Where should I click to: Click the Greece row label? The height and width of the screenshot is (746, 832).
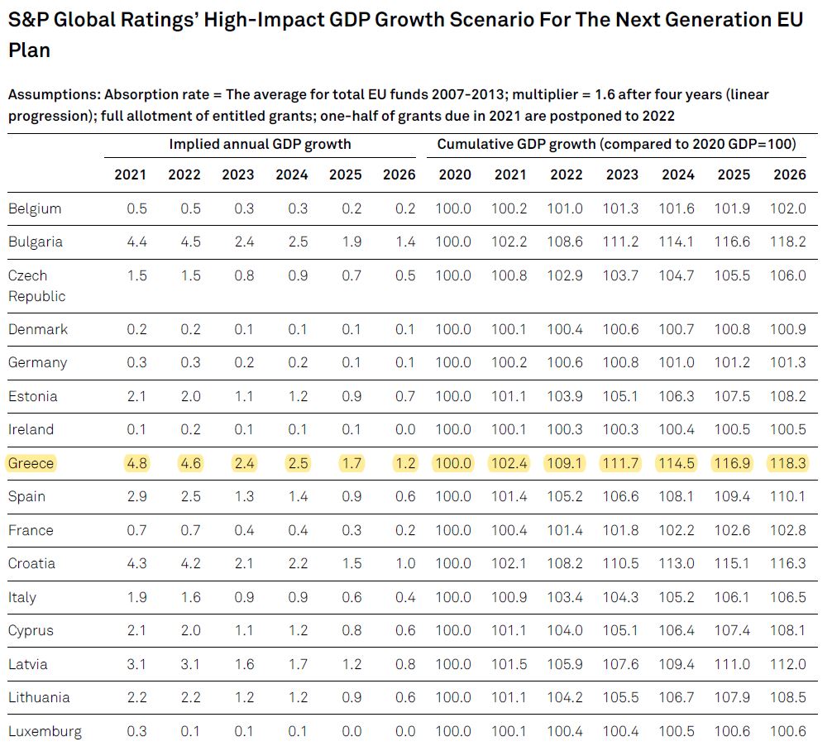point(31,463)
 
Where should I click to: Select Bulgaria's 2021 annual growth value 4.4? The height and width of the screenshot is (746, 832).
point(136,242)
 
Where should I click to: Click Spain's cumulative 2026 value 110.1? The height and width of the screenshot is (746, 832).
point(789,497)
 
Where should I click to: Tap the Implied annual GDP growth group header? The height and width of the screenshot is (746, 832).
point(260,144)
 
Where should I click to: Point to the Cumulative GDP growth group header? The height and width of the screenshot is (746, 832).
point(616,144)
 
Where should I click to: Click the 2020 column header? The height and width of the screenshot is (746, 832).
point(454,175)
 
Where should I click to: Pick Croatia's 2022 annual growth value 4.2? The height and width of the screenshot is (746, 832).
point(190,564)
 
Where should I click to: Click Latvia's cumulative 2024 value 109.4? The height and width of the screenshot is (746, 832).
point(677,664)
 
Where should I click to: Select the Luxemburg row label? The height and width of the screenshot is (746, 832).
point(45,731)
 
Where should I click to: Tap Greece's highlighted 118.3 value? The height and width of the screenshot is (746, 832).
point(789,463)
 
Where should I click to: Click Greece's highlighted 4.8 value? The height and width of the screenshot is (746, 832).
point(136,463)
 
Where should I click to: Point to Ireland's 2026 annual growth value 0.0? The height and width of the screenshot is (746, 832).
point(405,430)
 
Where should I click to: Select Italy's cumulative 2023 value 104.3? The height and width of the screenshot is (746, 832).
point(622,597)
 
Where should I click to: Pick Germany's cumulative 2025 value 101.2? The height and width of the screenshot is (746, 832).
point(733,363)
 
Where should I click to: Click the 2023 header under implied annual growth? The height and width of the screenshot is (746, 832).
point(244,175)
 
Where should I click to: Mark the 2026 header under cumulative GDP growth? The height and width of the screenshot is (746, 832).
point(789,175)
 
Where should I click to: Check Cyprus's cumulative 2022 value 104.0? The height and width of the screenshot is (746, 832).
point(566,631)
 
